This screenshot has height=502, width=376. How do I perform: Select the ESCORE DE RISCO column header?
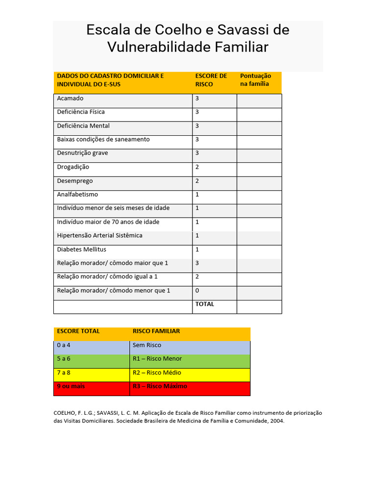[x=211, y=80]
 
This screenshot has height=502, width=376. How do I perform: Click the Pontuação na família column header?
[x=255, y=80]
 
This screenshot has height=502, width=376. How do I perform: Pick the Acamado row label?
[x=70, y=99]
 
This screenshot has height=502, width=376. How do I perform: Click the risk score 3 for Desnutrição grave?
[x=197, y=153]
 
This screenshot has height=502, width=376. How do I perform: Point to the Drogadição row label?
[x=73, y=167]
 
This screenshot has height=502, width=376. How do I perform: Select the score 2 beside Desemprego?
[x=197, y=181]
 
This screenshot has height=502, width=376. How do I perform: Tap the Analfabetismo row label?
[x=77, y=195]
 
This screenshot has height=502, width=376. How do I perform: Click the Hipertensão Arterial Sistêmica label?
[x=100, y=236]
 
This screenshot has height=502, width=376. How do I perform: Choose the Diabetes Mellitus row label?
[x=82, y=250]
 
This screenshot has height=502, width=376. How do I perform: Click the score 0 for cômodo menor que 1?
[x=197, y=291]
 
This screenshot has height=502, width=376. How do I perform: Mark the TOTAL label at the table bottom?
[x=205, y=304]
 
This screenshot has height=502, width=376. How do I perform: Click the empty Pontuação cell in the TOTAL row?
[x=259, y=307]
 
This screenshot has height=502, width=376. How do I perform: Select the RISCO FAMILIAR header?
[x=156, y=331]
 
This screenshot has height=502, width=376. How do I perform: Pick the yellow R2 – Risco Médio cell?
[x=157, y=373]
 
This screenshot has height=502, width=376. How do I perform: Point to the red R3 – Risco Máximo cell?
[x=160, y=386]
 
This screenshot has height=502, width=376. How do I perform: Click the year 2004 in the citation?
[x=277, y=421]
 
